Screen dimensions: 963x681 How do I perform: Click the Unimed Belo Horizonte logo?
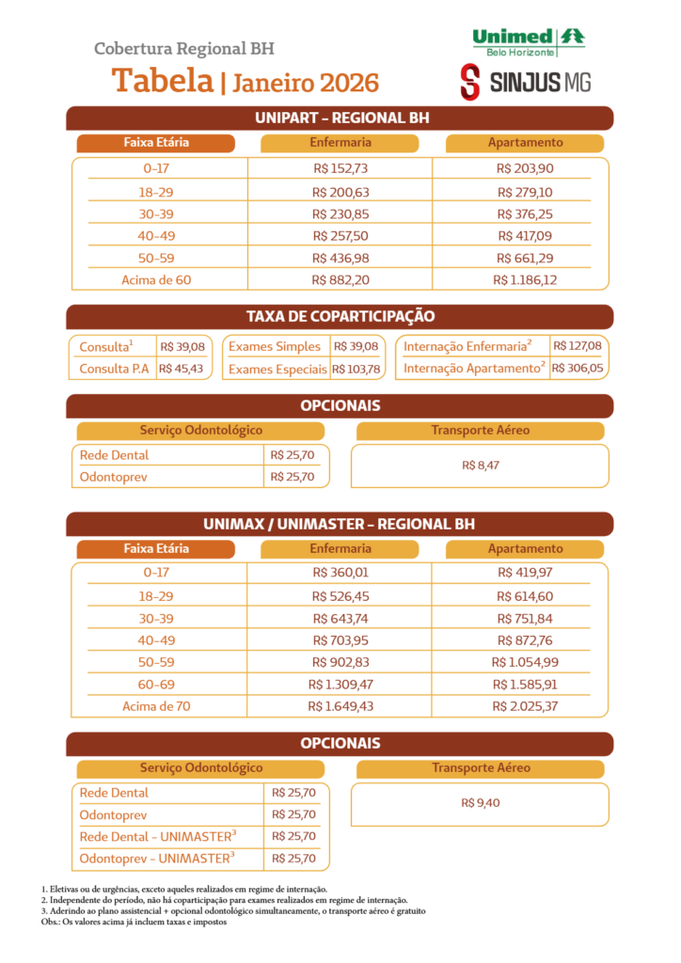coord(528,41)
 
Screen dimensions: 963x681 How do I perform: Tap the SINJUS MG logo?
coord(525,83)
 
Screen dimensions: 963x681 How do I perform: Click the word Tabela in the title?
coord(163,81)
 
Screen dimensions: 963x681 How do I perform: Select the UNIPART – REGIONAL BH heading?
coord(340,118)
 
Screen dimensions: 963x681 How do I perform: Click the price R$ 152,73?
coord(340,168)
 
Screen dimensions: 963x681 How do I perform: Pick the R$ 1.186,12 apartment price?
coord(525,280)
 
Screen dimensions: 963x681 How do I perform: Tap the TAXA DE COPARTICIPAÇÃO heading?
coord(340,317)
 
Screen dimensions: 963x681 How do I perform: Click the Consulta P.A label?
coord(114,369)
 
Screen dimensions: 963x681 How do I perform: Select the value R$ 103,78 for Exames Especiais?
coord(356,369)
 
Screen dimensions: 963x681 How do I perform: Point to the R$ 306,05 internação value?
coord(578,368)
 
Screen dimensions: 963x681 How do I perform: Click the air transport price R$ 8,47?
coord(480,466)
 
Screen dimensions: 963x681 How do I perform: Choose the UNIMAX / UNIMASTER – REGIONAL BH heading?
coord(340,524)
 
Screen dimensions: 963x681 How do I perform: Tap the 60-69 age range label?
coord(156,685)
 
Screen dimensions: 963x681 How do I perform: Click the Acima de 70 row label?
coord(156,706)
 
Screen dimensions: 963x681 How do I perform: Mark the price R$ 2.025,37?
coord(525,706)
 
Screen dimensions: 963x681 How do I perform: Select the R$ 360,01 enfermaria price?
coord(340,572)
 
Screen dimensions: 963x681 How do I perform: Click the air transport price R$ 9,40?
coord(480,803)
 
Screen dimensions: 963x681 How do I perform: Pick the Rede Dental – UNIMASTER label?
coord(158,836)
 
